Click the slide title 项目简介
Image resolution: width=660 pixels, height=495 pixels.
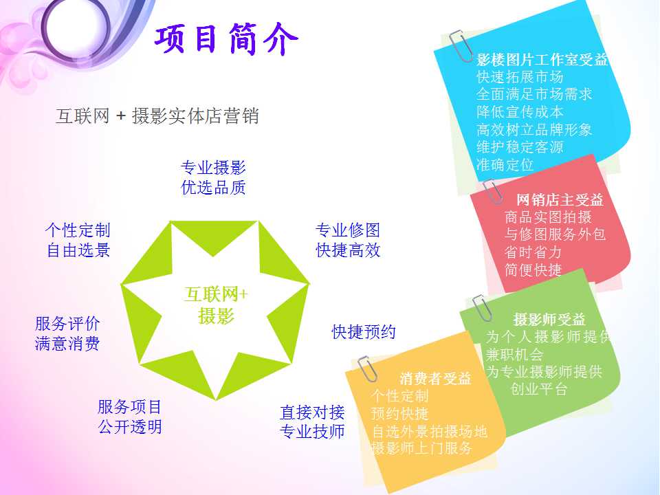(226, 39)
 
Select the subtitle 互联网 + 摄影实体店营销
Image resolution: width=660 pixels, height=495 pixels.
(157, 115)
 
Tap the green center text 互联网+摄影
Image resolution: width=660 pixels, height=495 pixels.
(216, 305)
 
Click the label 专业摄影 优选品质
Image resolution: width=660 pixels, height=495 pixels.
(213, 177)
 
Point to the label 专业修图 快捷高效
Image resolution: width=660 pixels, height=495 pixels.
(348, 240)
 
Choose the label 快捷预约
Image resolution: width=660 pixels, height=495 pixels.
(364, 331)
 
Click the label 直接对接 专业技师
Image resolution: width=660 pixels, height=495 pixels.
(312, 421)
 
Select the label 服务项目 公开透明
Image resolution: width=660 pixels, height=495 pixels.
(130, 417)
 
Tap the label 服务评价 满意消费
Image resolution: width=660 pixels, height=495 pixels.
(67, 333)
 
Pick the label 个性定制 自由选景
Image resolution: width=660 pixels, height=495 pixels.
(78, 240)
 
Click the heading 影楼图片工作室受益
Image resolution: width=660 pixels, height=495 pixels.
(542, 60)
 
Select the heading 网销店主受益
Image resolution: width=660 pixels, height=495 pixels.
(560, 200)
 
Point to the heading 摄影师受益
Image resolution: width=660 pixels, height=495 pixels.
(549, 320)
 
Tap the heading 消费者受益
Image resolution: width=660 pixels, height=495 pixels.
(435, 378)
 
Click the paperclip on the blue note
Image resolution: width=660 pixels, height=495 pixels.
(461, 46)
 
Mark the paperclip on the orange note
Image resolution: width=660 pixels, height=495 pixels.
(367, 369)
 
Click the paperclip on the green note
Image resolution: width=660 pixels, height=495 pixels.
(481, 308)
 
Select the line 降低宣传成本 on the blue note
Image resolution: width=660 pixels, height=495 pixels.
(520, 112)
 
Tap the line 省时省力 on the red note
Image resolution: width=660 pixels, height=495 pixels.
(533, 252)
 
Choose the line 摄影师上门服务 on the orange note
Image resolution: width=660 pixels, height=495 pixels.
(421, 448)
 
